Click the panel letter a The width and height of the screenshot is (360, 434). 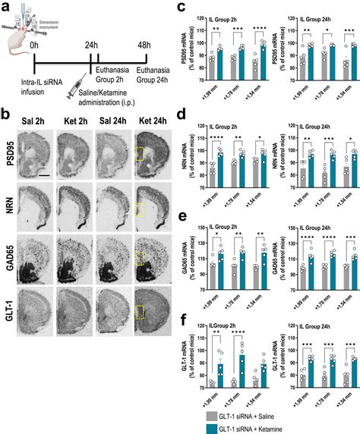(x=6, y=7)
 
